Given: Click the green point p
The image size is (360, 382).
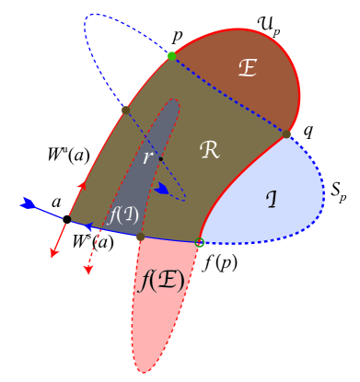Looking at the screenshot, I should click(172, 56).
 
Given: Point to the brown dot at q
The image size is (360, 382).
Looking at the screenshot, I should click(286, 134).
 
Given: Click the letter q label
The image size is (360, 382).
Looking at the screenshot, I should click(308, 130).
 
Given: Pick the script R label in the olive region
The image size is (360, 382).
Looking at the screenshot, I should click(209, 149).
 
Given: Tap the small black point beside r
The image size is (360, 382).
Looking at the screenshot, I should click(160, 159).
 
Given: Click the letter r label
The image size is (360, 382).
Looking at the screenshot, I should click(147, 157).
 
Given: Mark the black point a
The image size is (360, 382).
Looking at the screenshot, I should click(66, 219).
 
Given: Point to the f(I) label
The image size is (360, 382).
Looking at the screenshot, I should click(122, 215).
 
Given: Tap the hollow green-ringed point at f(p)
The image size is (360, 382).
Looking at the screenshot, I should click(200, 242).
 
